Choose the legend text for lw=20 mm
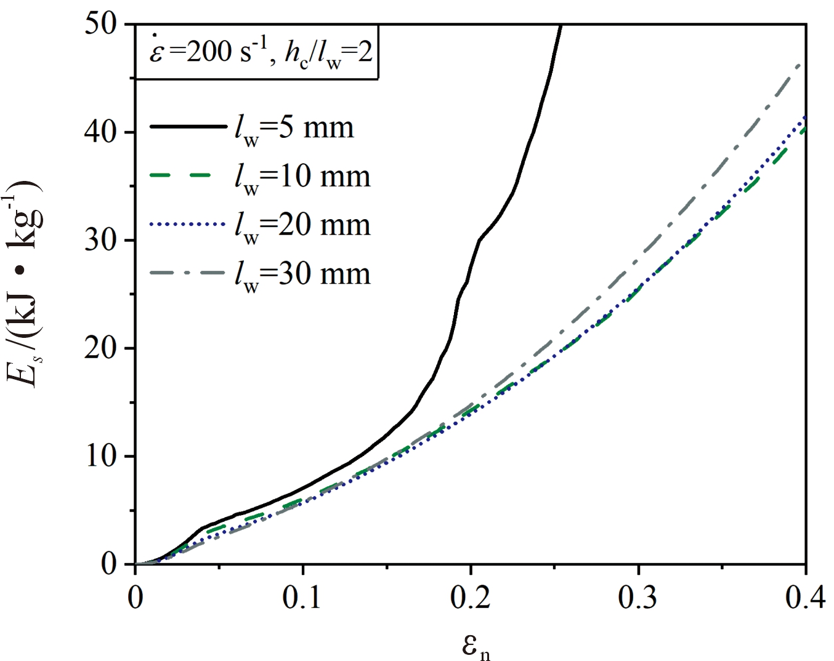[x=302, y=226]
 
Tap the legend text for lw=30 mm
[x=302, y=274]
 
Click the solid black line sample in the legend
[x=188, y=126]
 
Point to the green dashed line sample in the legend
[x=188, y=175]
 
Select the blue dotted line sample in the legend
[x=188, y=224]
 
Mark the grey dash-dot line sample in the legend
[x=188, y=272]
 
